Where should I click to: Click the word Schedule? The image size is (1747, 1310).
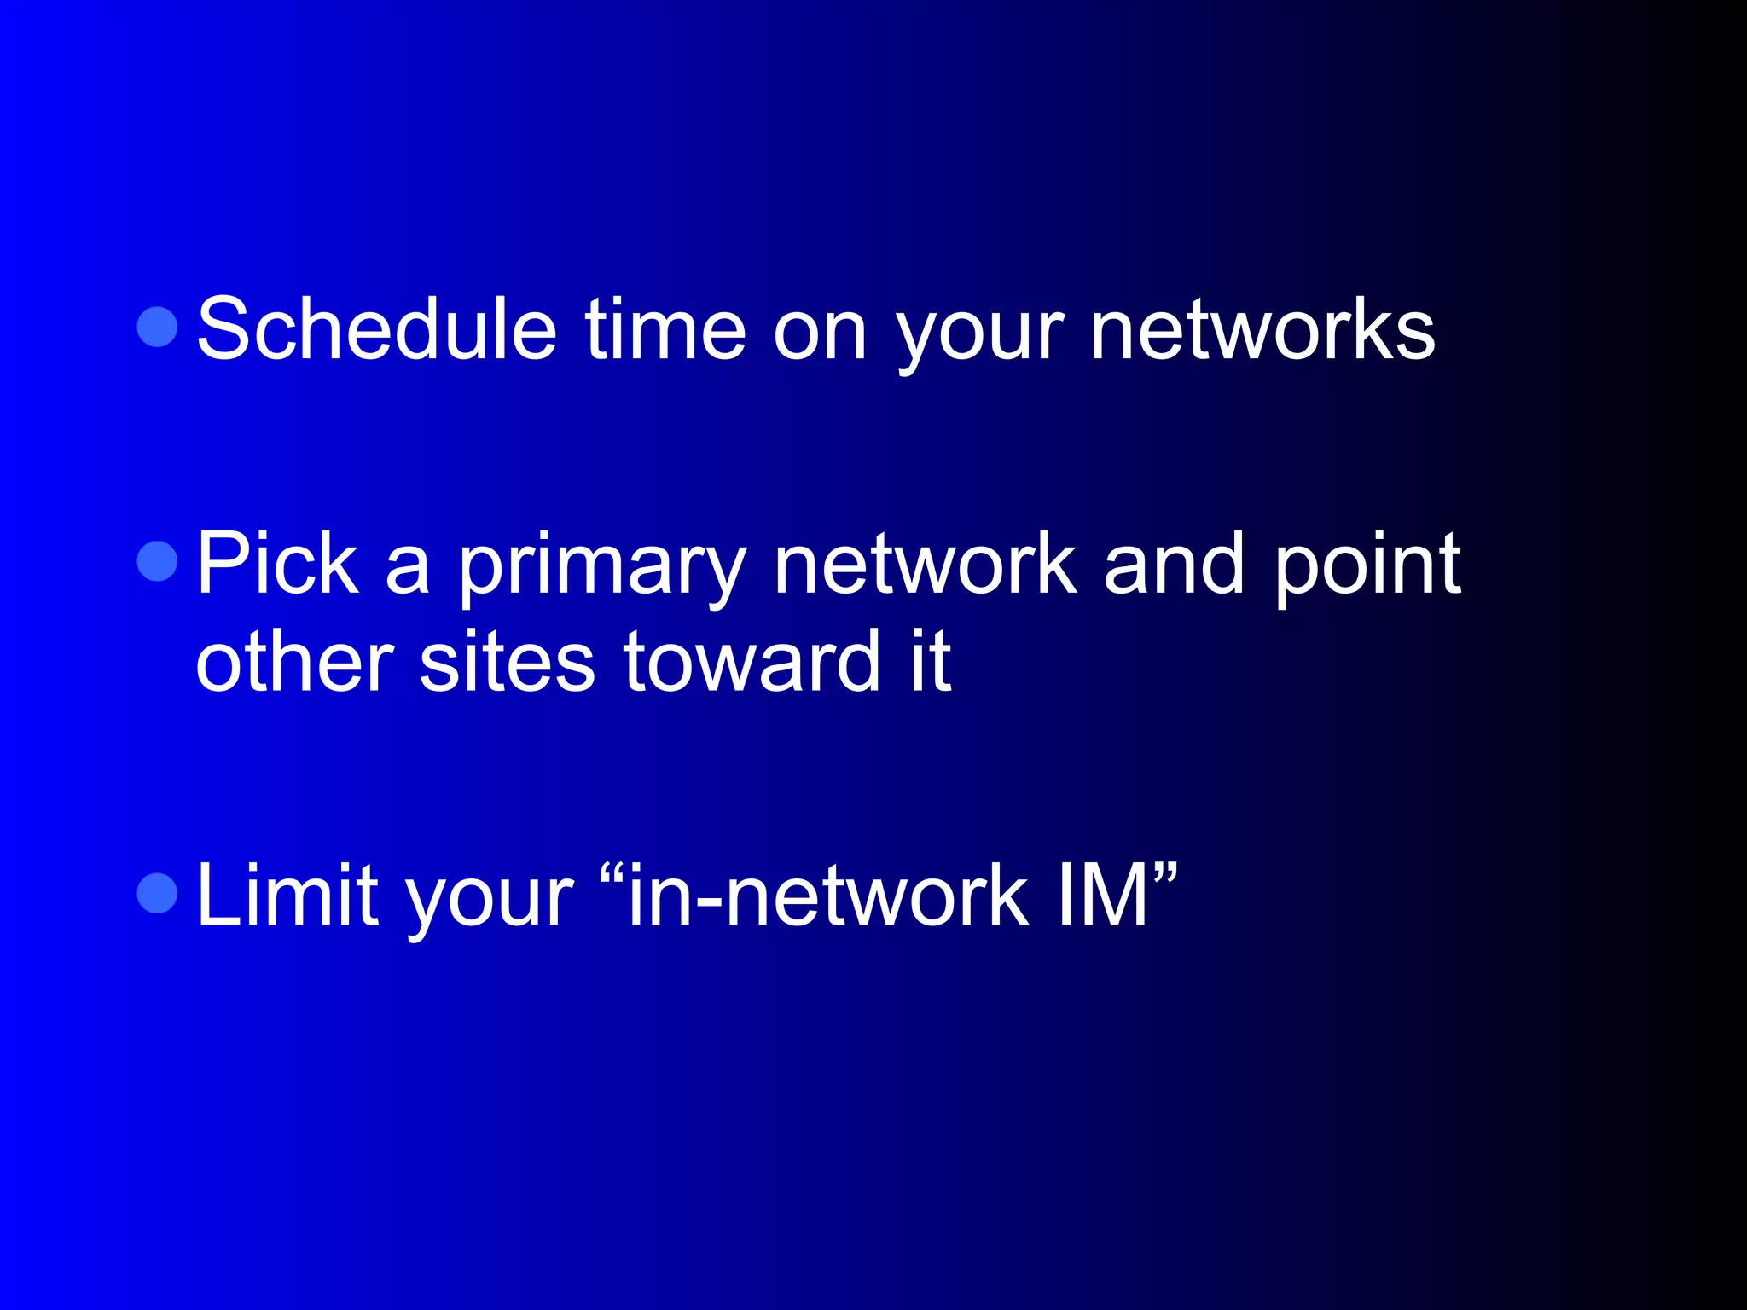point(376,329)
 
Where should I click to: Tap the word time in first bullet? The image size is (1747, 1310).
point(665,329)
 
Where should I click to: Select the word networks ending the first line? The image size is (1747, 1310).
point(1262,329)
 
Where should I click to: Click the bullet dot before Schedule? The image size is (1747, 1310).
point(157,327)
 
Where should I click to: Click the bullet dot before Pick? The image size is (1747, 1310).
point(157,560)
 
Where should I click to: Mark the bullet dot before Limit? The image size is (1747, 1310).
point(157,893)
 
